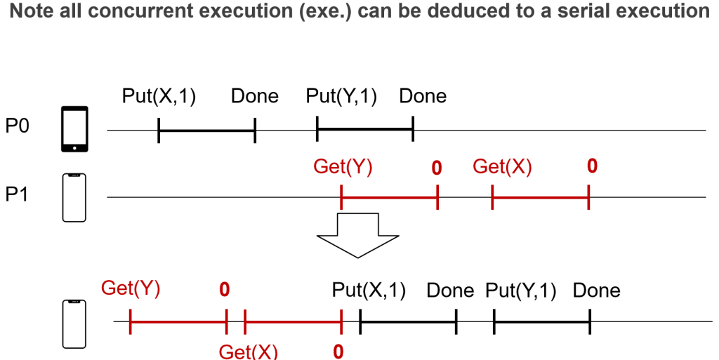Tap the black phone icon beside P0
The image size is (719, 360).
pos(74,129)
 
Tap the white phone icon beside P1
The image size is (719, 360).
pos(74,197)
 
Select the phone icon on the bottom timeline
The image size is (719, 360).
pos(74,324)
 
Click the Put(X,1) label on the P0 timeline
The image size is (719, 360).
pos(159,96)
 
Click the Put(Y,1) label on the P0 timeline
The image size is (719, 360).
pos(342,96)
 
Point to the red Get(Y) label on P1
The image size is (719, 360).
pos(343,167)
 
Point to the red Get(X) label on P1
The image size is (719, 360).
pos(502,167)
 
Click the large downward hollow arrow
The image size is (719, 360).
pos(358,234)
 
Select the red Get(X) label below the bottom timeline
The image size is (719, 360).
pos(248,351)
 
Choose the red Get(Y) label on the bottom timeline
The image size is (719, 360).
pos(131,288)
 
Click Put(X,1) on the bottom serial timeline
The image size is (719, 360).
pos(369,290)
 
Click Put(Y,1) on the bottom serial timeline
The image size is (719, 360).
pos(521,290)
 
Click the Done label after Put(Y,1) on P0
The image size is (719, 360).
pos(423,96)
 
